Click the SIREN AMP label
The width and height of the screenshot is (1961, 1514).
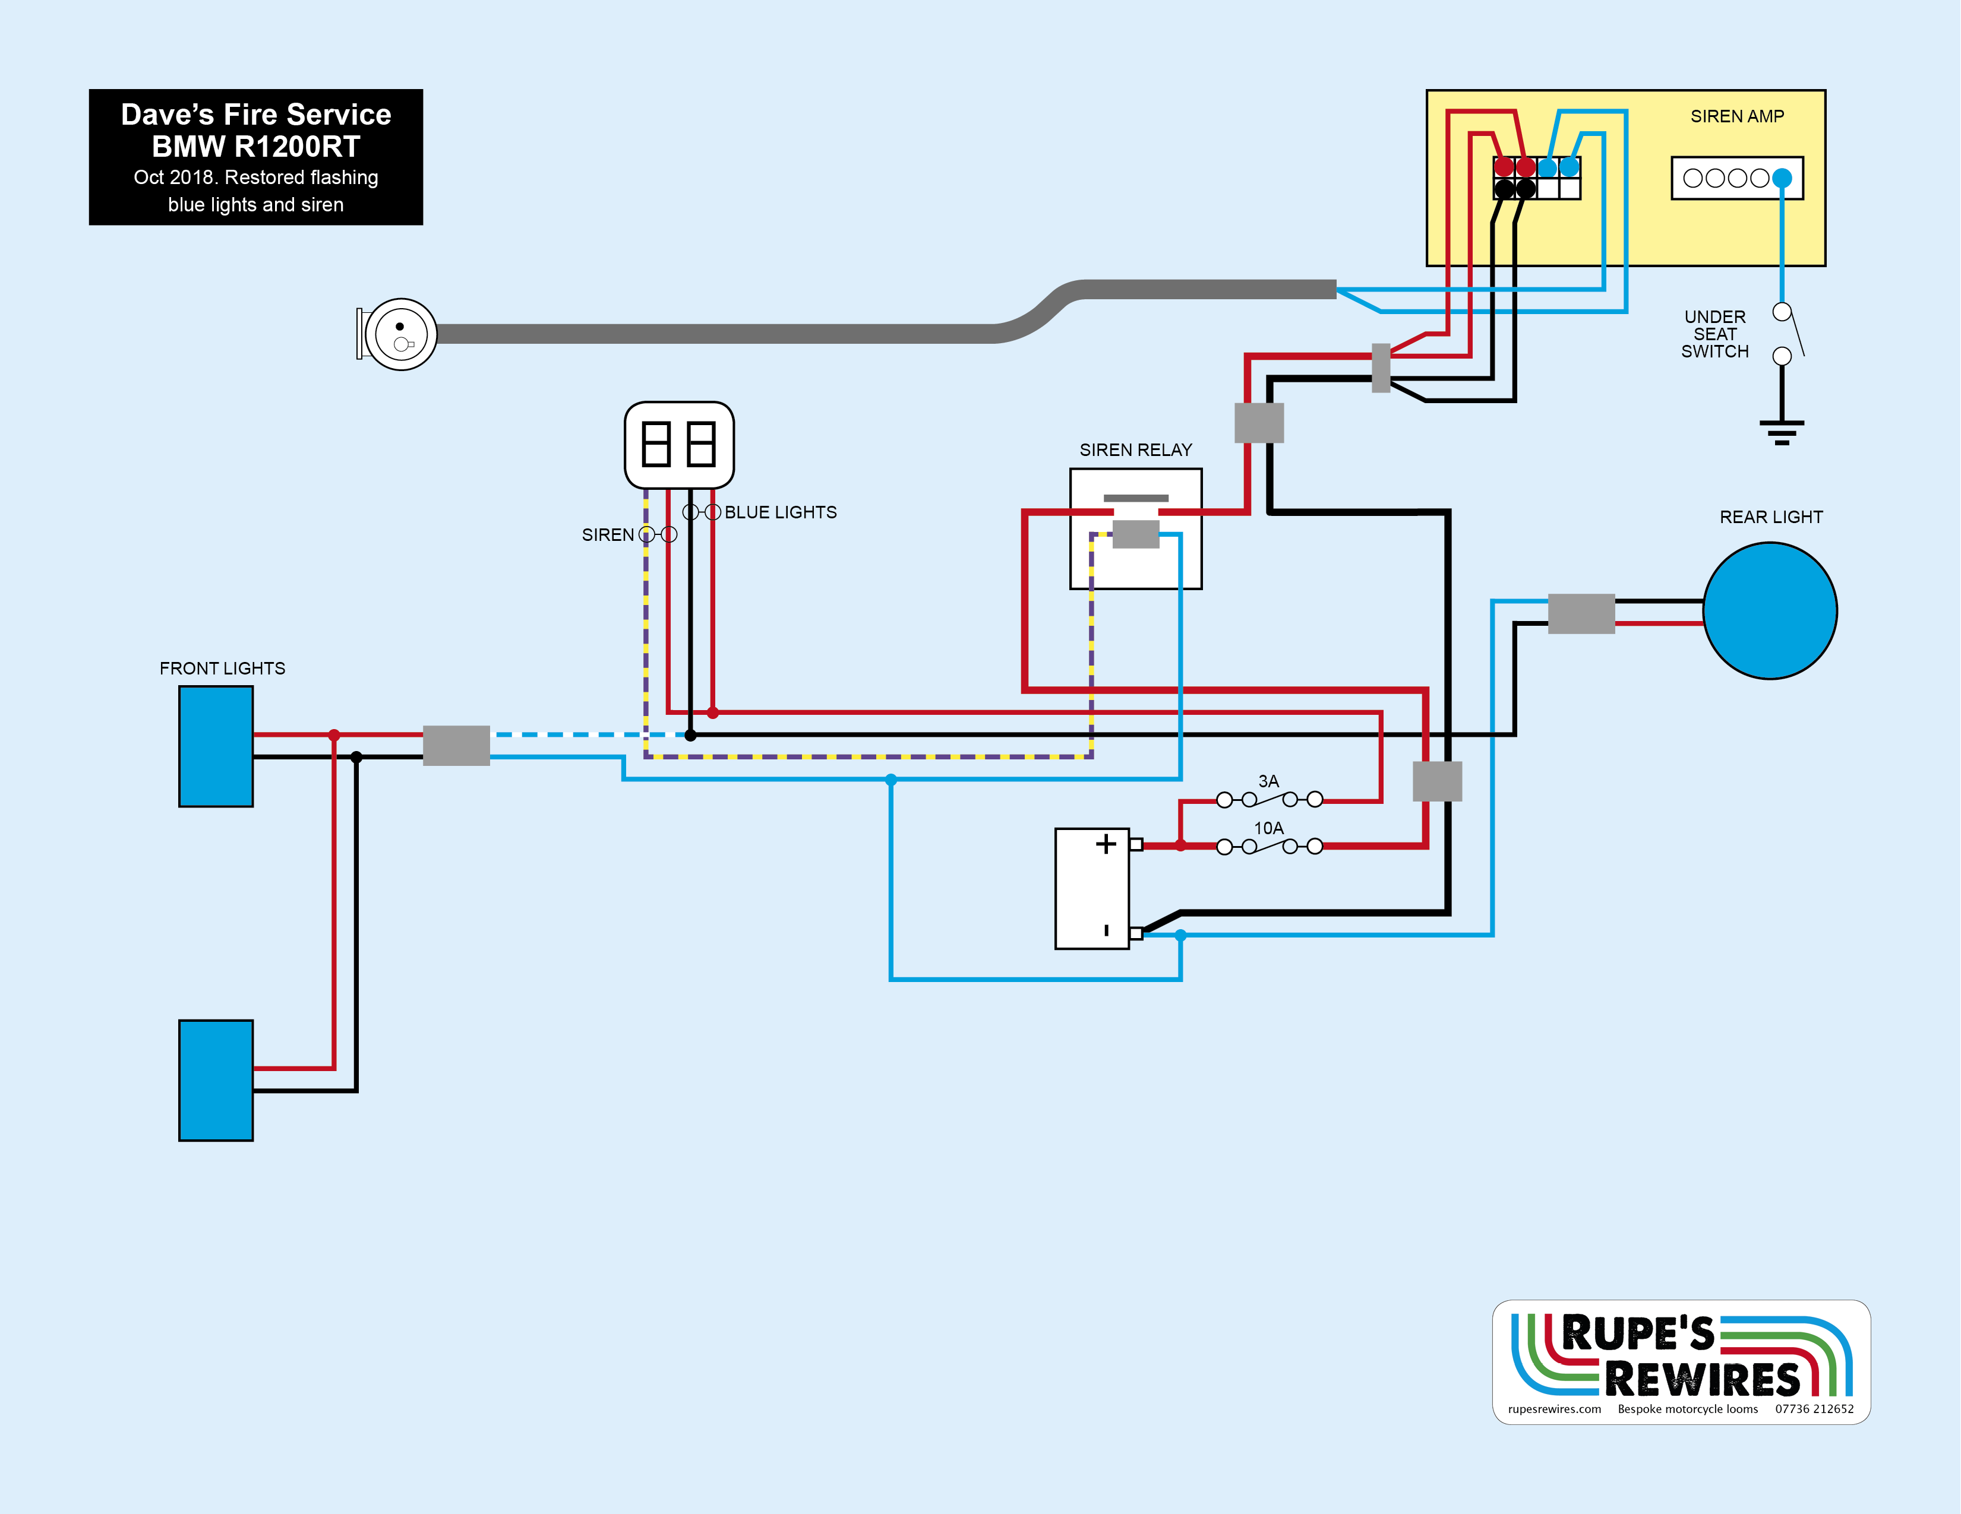(1736, 117)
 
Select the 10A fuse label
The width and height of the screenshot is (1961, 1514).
(1268, 828)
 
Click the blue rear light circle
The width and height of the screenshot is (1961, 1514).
(1770, 611)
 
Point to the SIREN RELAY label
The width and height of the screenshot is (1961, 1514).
(1135, 449)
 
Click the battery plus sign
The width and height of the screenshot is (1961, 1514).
(1106, 844)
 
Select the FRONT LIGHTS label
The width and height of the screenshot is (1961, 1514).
(222, 669)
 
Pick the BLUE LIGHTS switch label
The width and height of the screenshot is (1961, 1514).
(780, 512)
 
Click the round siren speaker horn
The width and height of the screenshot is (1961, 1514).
(400, 335)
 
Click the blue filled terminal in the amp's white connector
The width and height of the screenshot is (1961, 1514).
(1782, 178)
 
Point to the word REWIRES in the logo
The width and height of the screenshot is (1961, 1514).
(1701, 1379)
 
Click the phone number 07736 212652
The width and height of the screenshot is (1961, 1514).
(1814, 1409)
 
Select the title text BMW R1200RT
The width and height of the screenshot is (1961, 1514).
(256, 146)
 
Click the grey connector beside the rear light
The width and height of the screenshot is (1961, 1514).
(1581, 614)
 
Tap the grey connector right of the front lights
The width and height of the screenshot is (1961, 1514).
(456, 745)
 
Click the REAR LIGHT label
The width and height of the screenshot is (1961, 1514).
(1771, 517)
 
